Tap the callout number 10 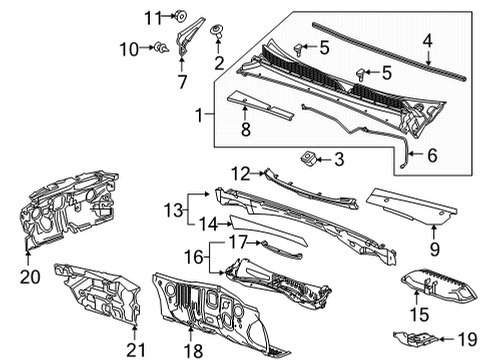[129, 47]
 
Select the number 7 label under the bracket [181, 82]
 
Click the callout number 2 [218, 64]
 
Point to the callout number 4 [427, 41]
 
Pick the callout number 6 [432, 156]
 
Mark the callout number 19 [466, 339]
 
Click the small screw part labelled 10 [159, 46]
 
